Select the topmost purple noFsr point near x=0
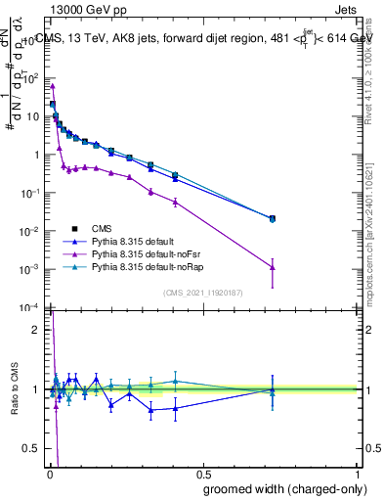pyautogui.click(x=52, y=86)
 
